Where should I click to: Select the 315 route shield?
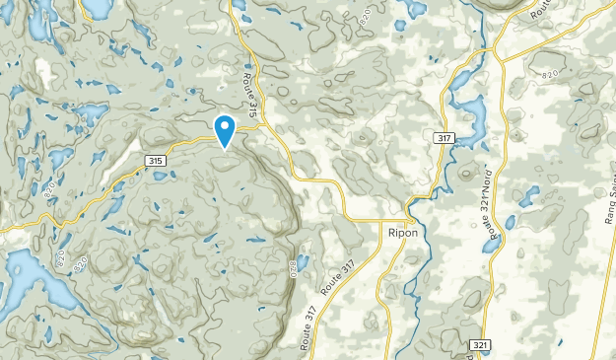pos(153,160)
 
